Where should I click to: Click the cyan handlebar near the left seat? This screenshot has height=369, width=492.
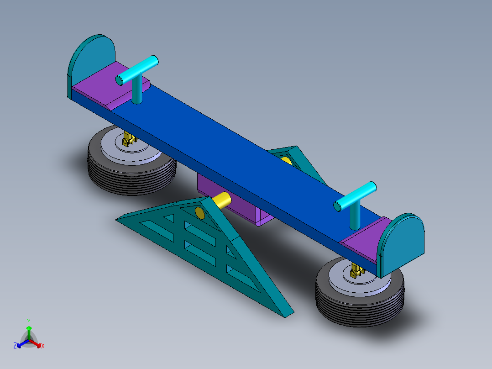[137, 70]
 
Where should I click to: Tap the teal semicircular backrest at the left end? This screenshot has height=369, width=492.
[91, 63]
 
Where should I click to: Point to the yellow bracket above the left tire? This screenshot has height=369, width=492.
[129, 139]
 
